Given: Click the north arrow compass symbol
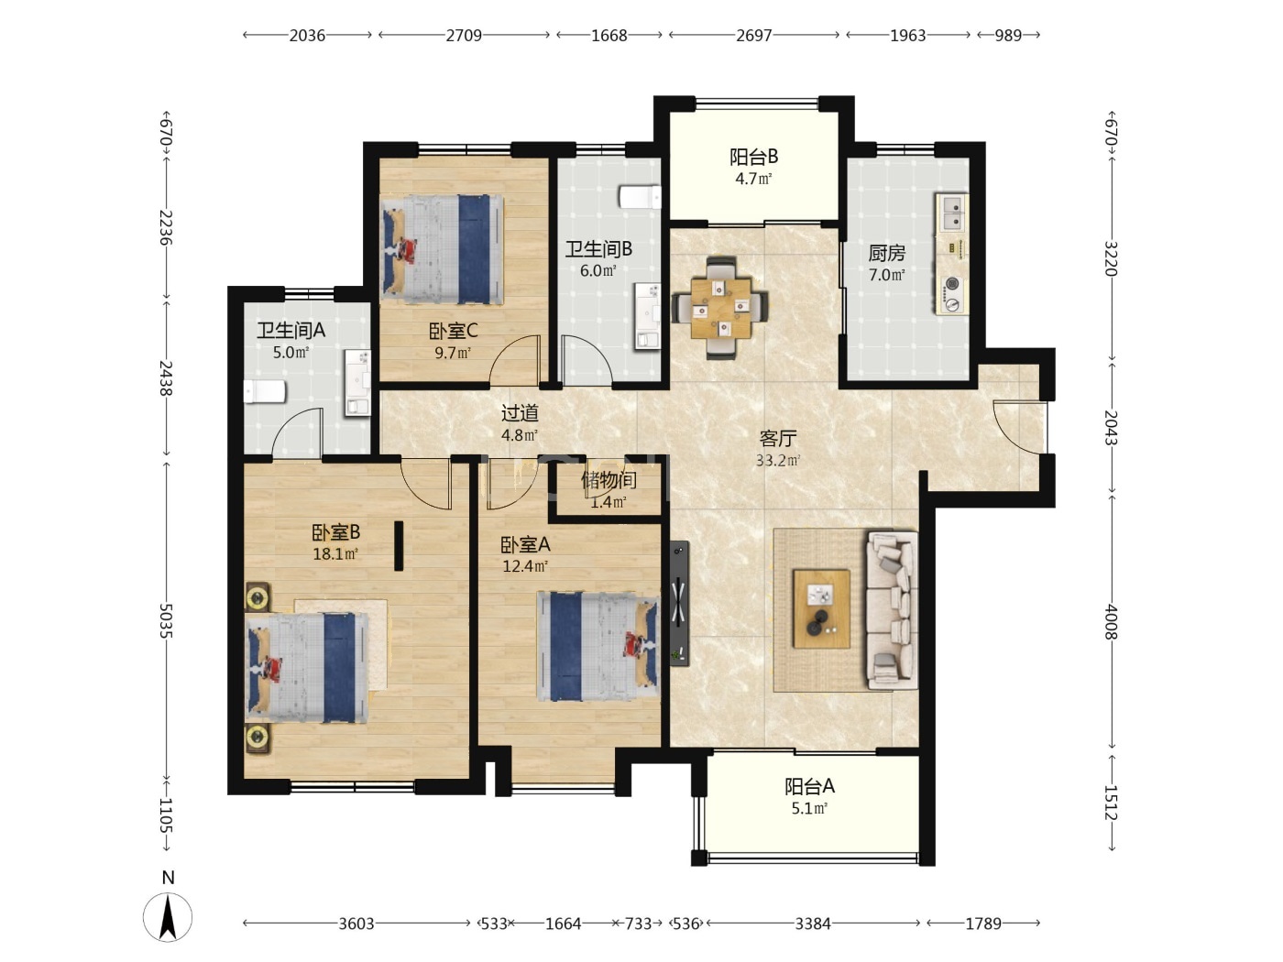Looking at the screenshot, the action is pyautogui.click(x=168, y=916).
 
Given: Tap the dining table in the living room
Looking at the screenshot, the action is pyautogui.click(x=720, y=307).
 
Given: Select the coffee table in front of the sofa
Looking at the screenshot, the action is pyautogui.click(x=821, y=608).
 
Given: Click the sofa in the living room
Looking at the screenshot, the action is pyautogui.click(x=892, y=610).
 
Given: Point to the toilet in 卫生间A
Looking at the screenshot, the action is pyautogui.click(x=264, y=391).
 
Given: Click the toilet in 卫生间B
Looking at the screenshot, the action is pyautogui.click(x=640, y=197).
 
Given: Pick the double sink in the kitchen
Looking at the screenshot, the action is pyautogui.click(x=952, y=213).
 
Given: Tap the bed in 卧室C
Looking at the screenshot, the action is pyautogui.click(x=442, y=249).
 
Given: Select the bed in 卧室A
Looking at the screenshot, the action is pyautogui.click(x=598, y=646).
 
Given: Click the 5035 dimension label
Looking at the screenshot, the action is pyautogui.click(x=166, y=621).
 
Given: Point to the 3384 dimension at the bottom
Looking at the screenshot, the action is pyautogui.click(x=813, y=924).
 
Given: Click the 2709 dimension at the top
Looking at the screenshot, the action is pyautogui.click(x=464, y=36).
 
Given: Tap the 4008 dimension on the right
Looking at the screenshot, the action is pyautogui.click(x=1111, y=622).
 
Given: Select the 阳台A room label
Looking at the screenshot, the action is pyautogui.click(x=809, y=787).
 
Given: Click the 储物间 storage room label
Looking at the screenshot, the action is pyautogui.click(x=609, y=480).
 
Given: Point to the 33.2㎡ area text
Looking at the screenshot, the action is pyautogui.click(x=777, y=460).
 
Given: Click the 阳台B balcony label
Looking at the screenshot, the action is pyautogui.click(x=753, y=157).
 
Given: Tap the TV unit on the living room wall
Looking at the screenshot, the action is pyautogui.click(x=679, y=604).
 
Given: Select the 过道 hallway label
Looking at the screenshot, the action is pyautogui.click(x=520, y=413).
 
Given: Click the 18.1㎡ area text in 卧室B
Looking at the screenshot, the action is pyautogui.click(x=334, y=553).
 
